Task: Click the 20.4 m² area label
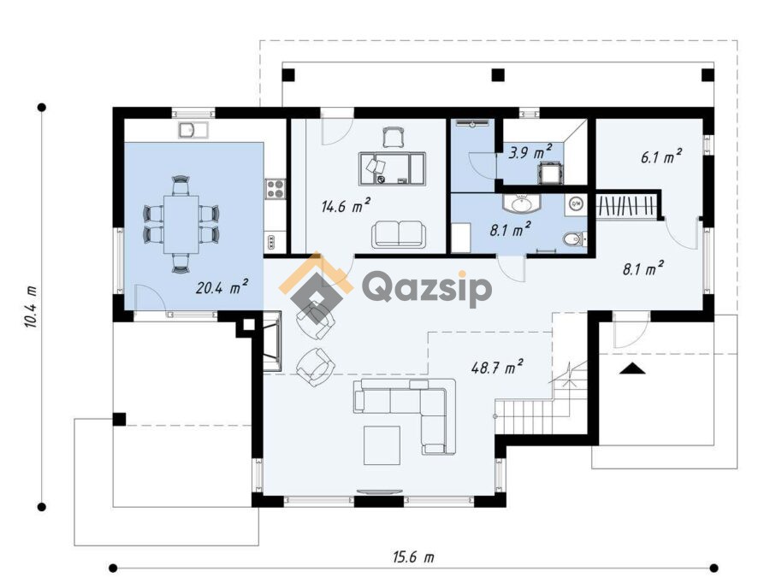point(222,287)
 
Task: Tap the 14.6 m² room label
point(346,205)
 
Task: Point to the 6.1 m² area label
point(661,157)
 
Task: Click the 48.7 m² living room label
point(497,367)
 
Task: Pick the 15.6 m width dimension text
point(413,557)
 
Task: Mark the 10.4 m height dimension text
point(30,307)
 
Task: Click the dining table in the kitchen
point(181,224)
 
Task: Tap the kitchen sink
point(193,130)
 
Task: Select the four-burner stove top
point(275,189)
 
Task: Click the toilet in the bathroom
point(573,239)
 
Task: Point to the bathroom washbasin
point(521,203)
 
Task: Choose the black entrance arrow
point(632,368)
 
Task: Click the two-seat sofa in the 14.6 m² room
point(398,234)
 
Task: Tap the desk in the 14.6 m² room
point(391,168)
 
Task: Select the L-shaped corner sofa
point(406,416)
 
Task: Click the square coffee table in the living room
point(382,445)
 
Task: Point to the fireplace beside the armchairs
point(272,340)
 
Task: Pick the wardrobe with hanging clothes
point(626,205)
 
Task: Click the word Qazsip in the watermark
point(427,289)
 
